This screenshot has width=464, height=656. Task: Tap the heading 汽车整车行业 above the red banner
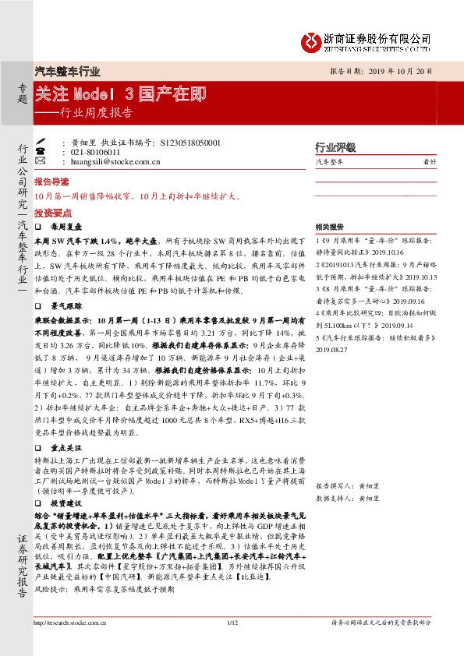pos(68,71)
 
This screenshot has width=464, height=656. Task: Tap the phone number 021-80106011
pos(97,153)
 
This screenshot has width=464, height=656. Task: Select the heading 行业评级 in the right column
pos(335,147)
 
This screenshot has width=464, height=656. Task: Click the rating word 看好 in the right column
pos(429,162)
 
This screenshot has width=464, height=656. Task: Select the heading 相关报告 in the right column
pos(330,227)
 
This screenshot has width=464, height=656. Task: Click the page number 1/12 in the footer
pos(232,644)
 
